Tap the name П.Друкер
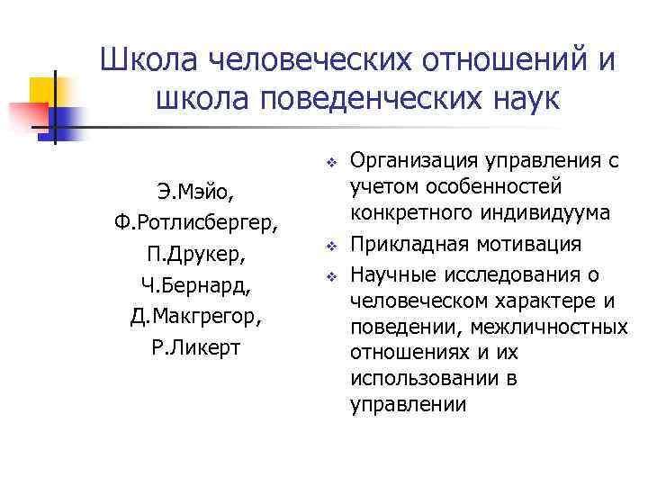click(195, 253)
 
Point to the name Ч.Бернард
click(195, 285)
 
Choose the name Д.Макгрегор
click(195, 317)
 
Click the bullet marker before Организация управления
click(331, 163)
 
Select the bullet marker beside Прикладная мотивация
click(331, 246)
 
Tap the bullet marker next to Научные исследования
click(331, 274)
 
